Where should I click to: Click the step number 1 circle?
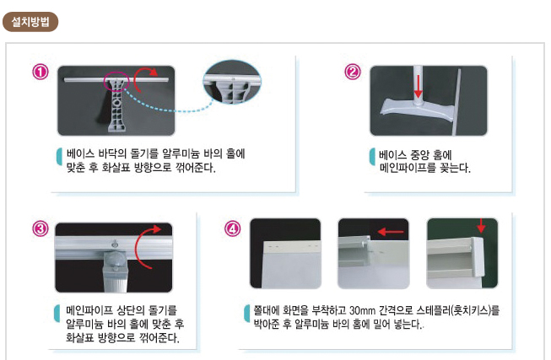click(41, 72)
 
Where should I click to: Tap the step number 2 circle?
click(354, 72)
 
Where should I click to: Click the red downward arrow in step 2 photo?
click(417, 84)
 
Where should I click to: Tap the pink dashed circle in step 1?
click(115, 83)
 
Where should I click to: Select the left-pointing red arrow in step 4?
click(390, 230)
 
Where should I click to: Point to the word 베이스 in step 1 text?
click(79, 153)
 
